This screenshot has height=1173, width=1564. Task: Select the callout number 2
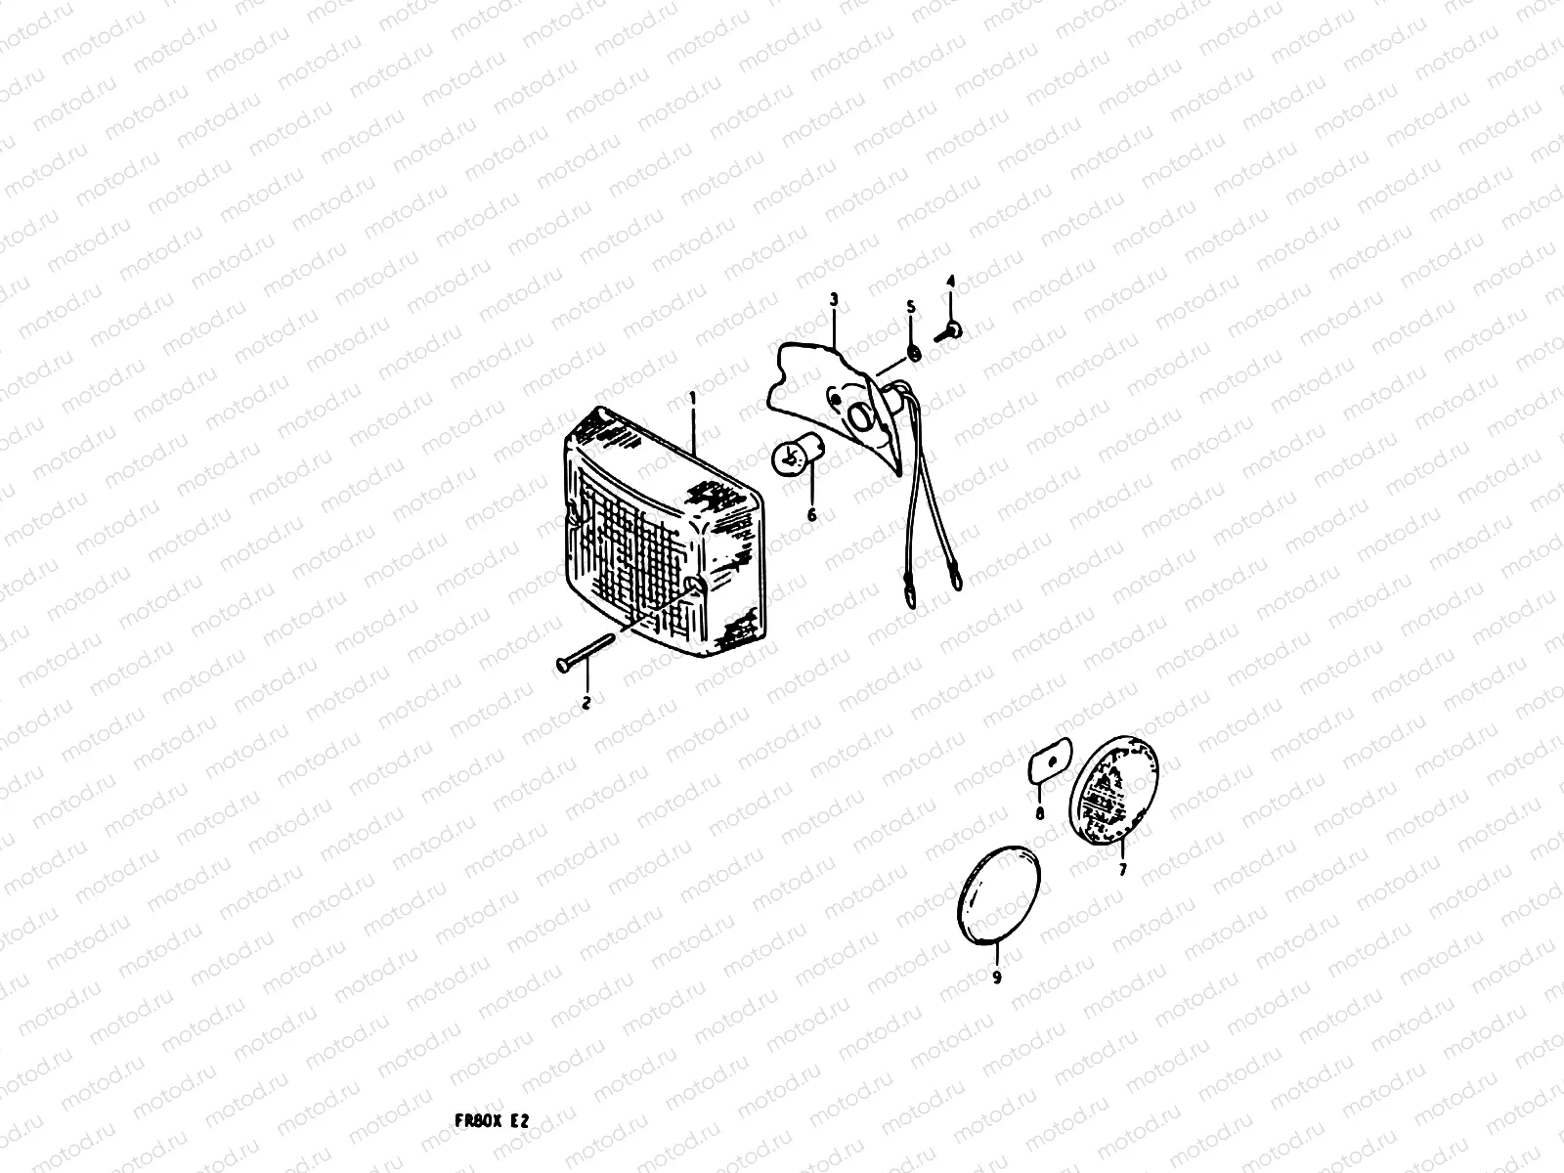click(x=586, y=702)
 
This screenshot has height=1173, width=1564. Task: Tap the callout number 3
click(x=834, y=300)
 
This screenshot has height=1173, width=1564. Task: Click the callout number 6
click(x=810, y=514)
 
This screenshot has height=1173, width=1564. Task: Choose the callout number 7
click(x=1122, y=868)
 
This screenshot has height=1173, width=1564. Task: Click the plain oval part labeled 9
click(x=998, y=894)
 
